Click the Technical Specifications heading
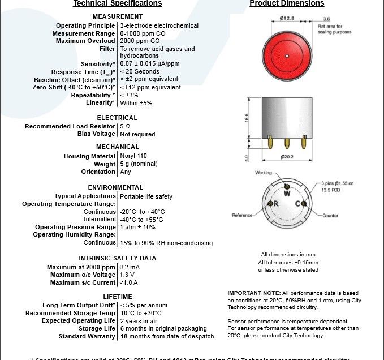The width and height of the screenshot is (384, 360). [x=117, y=3]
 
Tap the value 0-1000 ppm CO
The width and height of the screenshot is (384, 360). [x=145, y=33]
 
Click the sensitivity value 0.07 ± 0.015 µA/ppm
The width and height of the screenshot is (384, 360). [x=149, y=64]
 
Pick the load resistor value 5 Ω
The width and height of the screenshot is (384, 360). [x=125, y=126]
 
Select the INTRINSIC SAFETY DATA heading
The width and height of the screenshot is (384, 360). [x=117, y=258]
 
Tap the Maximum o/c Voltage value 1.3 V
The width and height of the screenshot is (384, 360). [x=128, y=275]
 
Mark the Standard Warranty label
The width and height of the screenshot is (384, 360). [x=87, y=336]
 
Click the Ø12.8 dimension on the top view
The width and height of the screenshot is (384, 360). [x=288, y=19]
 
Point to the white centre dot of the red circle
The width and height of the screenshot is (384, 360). [x=287, y=55]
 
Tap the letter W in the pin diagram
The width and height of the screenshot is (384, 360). [x=287, y=193]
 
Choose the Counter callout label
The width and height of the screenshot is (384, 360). [x=330, y=216]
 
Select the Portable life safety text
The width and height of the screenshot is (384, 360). [x=146, y=196]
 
